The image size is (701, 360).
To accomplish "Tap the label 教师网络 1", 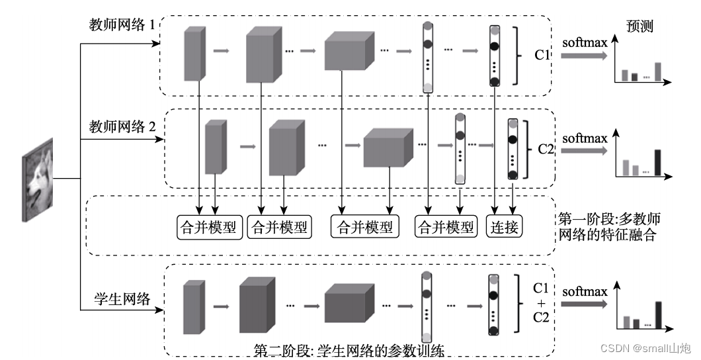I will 122,24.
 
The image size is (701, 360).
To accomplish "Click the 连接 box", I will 504,227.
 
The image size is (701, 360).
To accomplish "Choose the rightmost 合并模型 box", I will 446,227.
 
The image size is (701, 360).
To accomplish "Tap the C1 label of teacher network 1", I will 542,55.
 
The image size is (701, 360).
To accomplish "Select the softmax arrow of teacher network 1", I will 584,56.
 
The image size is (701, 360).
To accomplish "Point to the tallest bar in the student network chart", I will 657,314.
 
